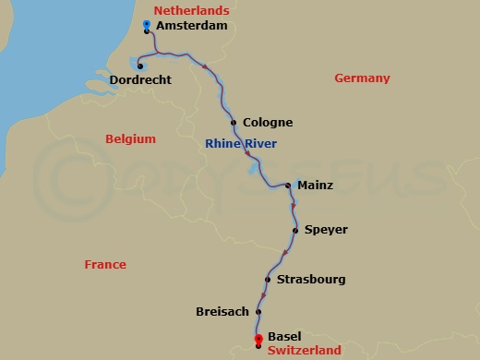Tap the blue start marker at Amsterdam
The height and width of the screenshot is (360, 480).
coord(148,25)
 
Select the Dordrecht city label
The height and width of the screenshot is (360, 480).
coord(140,80)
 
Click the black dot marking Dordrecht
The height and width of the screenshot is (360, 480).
coord(138,65)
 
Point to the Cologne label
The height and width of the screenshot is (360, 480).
coord(267,123)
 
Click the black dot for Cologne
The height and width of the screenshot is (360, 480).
coord(234,123)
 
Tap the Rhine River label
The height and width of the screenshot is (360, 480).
coord(240,143)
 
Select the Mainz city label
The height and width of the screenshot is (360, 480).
coord(315,186)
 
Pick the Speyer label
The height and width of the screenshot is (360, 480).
coord(326,230)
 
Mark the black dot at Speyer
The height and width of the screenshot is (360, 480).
coord(295,230)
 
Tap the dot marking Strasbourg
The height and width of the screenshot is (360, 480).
coord(267,279)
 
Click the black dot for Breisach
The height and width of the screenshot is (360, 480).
coord(258,312)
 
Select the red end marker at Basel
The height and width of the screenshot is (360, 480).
coord(258,339)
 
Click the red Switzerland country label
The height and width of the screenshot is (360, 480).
coord(304,351)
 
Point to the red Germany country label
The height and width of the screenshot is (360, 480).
coord(362,78)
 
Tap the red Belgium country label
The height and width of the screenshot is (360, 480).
coord(130,139)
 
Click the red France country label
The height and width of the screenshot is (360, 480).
coord(105,264)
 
